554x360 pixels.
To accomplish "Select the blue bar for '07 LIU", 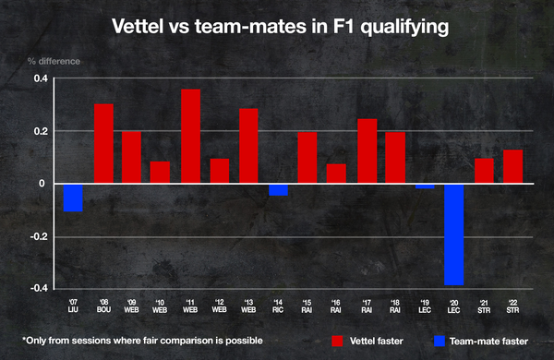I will click(x=74, y=198).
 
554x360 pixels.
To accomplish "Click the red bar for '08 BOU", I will click(x=103, y=143).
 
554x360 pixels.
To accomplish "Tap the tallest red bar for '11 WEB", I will click(x=191, y=137).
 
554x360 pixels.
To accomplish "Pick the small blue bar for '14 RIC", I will click(x=278, y=189).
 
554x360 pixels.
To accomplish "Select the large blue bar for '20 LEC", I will click(x=454, y=234).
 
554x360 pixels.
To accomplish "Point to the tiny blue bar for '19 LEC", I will click(x=425, y=186).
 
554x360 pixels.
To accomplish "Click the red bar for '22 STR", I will click(x=512, y=166).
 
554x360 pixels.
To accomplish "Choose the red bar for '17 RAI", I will click(x=367, y=151).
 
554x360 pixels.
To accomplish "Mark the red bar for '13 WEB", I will click(x=249, y=146).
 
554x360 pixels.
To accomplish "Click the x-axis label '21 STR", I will click(x=483, y=305).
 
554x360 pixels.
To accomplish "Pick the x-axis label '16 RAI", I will click(x=337, y=305).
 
